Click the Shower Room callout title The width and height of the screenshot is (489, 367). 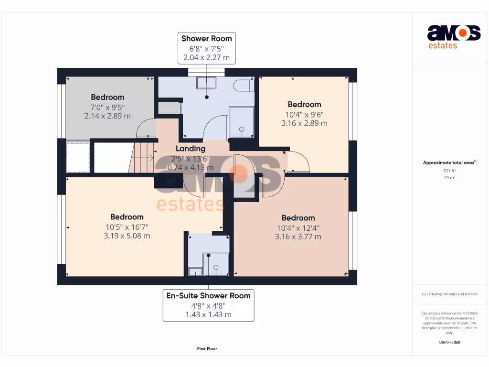click(x=206, y=38)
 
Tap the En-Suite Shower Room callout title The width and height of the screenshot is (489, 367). click(x=208, y=295)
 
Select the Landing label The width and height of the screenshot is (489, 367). click(x=191, y=149)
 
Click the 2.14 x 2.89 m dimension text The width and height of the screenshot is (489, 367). click(x=107, y=116)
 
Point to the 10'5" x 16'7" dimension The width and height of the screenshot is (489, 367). click(x=127, y=227)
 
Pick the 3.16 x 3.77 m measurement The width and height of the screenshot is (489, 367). click(x=298, y=237)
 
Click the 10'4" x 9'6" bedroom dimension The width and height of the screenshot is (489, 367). click(x=304, y=115)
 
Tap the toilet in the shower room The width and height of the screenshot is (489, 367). click(x=244, y=85)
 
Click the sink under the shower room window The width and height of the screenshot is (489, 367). click(x=206, y=83)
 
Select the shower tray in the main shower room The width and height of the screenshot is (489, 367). click(x=241, y=122)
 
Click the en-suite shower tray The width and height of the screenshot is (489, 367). click(x=216, y=265)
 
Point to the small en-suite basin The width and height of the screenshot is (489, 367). click(x=195, y=271)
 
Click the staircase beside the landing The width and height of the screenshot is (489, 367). click(x=142, y=158)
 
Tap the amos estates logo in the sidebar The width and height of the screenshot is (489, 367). click(x=454, y=37)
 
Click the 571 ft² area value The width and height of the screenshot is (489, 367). click(x=449, y=171)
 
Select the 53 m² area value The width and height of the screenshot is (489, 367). click(x=449, y=178)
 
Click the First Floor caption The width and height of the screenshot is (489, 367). click(x=207, y=348)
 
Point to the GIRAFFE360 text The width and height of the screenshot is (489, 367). click(x=449, y=342)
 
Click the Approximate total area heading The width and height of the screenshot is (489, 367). click(x=449, y=162)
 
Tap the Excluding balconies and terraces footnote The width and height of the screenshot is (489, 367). click(x=449, y=294)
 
